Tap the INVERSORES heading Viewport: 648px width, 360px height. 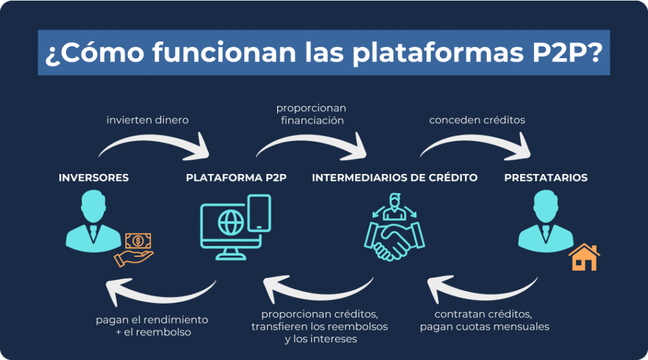pos(94,178)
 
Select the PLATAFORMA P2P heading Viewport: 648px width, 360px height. pos(236,178)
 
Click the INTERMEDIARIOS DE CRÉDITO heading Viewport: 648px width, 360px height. pos(395,178)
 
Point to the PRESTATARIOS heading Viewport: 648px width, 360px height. pos(545,178)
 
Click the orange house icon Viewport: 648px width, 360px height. pos(584,258)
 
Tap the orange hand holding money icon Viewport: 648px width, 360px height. pos(134,249)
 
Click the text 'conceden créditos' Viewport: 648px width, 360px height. pos(477,120)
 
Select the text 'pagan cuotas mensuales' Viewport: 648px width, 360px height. pos(484,326)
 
